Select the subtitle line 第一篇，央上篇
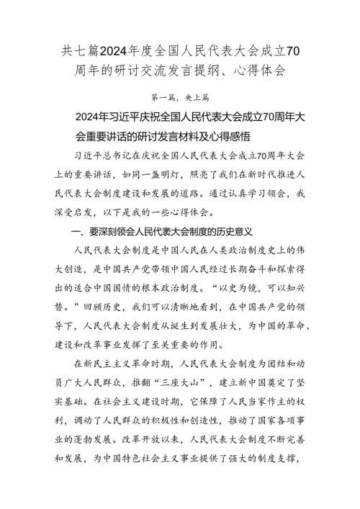pos(180,96)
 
